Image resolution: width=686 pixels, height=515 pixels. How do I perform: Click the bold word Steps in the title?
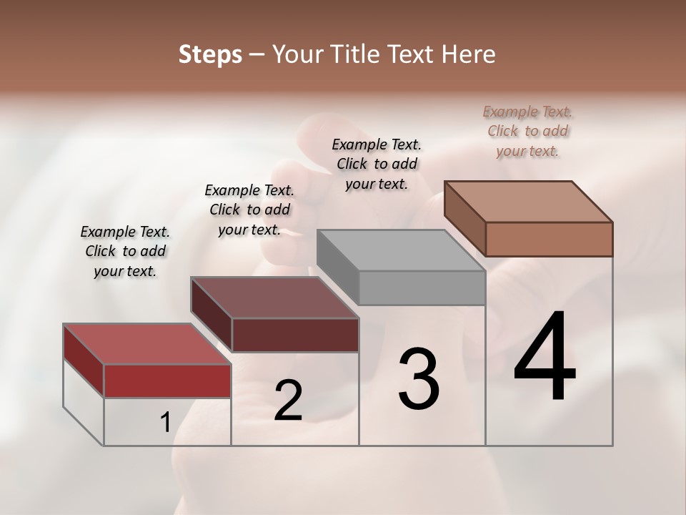[210, 54]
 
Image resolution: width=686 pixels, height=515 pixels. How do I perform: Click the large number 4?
[545, 358]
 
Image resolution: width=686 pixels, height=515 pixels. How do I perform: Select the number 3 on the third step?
[419, 379]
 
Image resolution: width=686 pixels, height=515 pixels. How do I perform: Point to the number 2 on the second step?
[288, 401]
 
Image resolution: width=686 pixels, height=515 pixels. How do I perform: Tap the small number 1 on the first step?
[165, 423]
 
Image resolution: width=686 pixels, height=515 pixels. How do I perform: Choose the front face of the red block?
[167, 381]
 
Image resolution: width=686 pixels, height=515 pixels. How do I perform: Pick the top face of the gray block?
[401, 250]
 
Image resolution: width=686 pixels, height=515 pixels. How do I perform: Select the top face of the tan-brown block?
[528, 201]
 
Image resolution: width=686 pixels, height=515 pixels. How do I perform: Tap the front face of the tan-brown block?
[549, 239]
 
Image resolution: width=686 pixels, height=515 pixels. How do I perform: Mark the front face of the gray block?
[422, 288]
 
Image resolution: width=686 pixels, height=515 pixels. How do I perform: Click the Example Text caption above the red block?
[125, 251]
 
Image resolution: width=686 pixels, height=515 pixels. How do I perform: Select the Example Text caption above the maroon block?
[249, 210]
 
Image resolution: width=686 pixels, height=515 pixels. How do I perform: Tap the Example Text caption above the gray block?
[377, 164]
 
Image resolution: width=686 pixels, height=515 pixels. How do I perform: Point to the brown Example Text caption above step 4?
[527, 131]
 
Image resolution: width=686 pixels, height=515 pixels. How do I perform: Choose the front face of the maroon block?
[295, 335]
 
